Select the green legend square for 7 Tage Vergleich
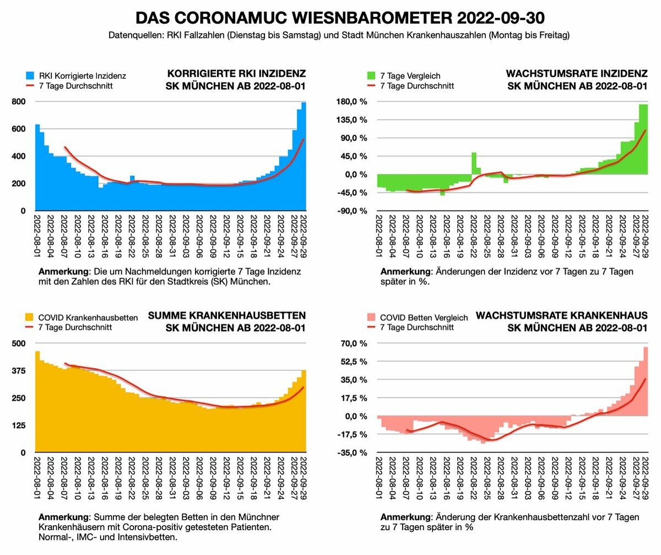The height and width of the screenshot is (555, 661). click(x=371, y=76)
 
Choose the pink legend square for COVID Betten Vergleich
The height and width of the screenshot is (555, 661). click(x=371, y=317)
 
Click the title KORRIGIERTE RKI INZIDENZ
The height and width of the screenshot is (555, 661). click(x=236, y=74)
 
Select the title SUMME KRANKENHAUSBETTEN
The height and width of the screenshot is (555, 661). click(x=227, y=316)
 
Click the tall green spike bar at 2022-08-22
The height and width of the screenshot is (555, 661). click(x=474, y=163)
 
